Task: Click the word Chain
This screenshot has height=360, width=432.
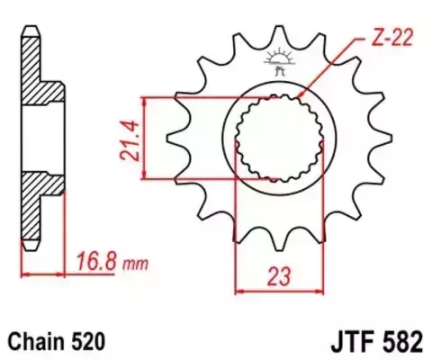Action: point(36,342)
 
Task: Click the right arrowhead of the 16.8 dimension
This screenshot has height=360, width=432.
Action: point(66,271)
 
